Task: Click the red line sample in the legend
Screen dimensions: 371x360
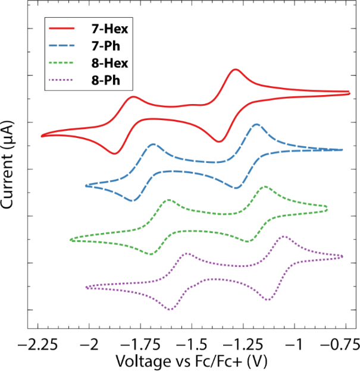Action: coord(61,28)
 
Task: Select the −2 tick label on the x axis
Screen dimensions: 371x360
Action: coord(89,345)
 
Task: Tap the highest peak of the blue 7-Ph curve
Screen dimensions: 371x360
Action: coord(256,124)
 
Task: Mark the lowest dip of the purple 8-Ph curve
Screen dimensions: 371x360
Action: coord(170,309)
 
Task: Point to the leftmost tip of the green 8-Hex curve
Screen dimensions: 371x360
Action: coord(70,240)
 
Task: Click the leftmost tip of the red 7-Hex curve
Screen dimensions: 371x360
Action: coord(41,136)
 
